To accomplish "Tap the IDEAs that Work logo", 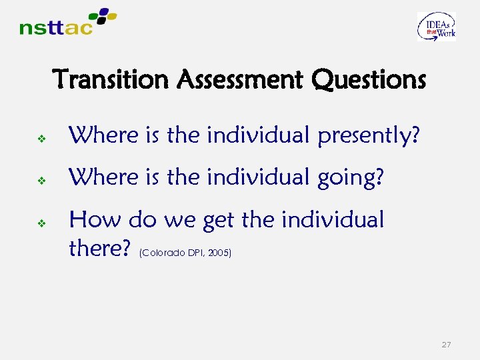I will click(x=437, y=27).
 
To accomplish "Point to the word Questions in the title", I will click(x=368, y=80).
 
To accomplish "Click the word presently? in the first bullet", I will click(x=369, y=137).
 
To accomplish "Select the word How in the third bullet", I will click(x=95, y=219).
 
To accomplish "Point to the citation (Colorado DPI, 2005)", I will click(x=185, y=253).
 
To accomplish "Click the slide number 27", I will click(x=446, y=345).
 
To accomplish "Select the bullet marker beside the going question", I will click(x=41, y=181).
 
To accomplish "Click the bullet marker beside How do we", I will click(x=41, y=223).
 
